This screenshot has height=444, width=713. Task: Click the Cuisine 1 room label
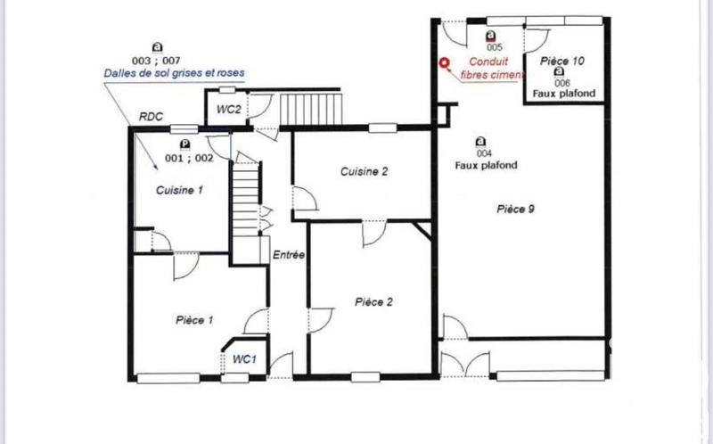click(x=180, y=190)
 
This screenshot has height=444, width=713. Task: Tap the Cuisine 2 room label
click(x=364, y=172)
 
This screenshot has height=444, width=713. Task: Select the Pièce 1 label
click(x=194, y=318)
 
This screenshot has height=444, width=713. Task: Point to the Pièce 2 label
click(x=373, y=301)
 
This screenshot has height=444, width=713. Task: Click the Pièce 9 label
click(x=515, y=209)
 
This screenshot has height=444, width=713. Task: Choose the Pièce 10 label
click(x=563, y=62)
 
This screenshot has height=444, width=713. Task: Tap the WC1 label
click(x=245, y=359)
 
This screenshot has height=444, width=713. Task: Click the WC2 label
click(x=229, y=110)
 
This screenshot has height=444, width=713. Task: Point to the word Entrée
click(x=289, y=254)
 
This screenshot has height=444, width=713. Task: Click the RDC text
click(x=152, y=117)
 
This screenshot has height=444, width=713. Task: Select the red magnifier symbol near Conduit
click(x=446, y=62)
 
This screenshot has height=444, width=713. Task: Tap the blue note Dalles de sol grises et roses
click(x=174, y=72)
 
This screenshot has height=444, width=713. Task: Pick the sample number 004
click(x=482, y=153)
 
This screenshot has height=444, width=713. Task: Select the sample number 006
click(x=562, y=82)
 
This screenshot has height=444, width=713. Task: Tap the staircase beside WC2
click(x=311, y=109)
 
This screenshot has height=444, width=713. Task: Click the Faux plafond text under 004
click(x=487, y=165)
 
